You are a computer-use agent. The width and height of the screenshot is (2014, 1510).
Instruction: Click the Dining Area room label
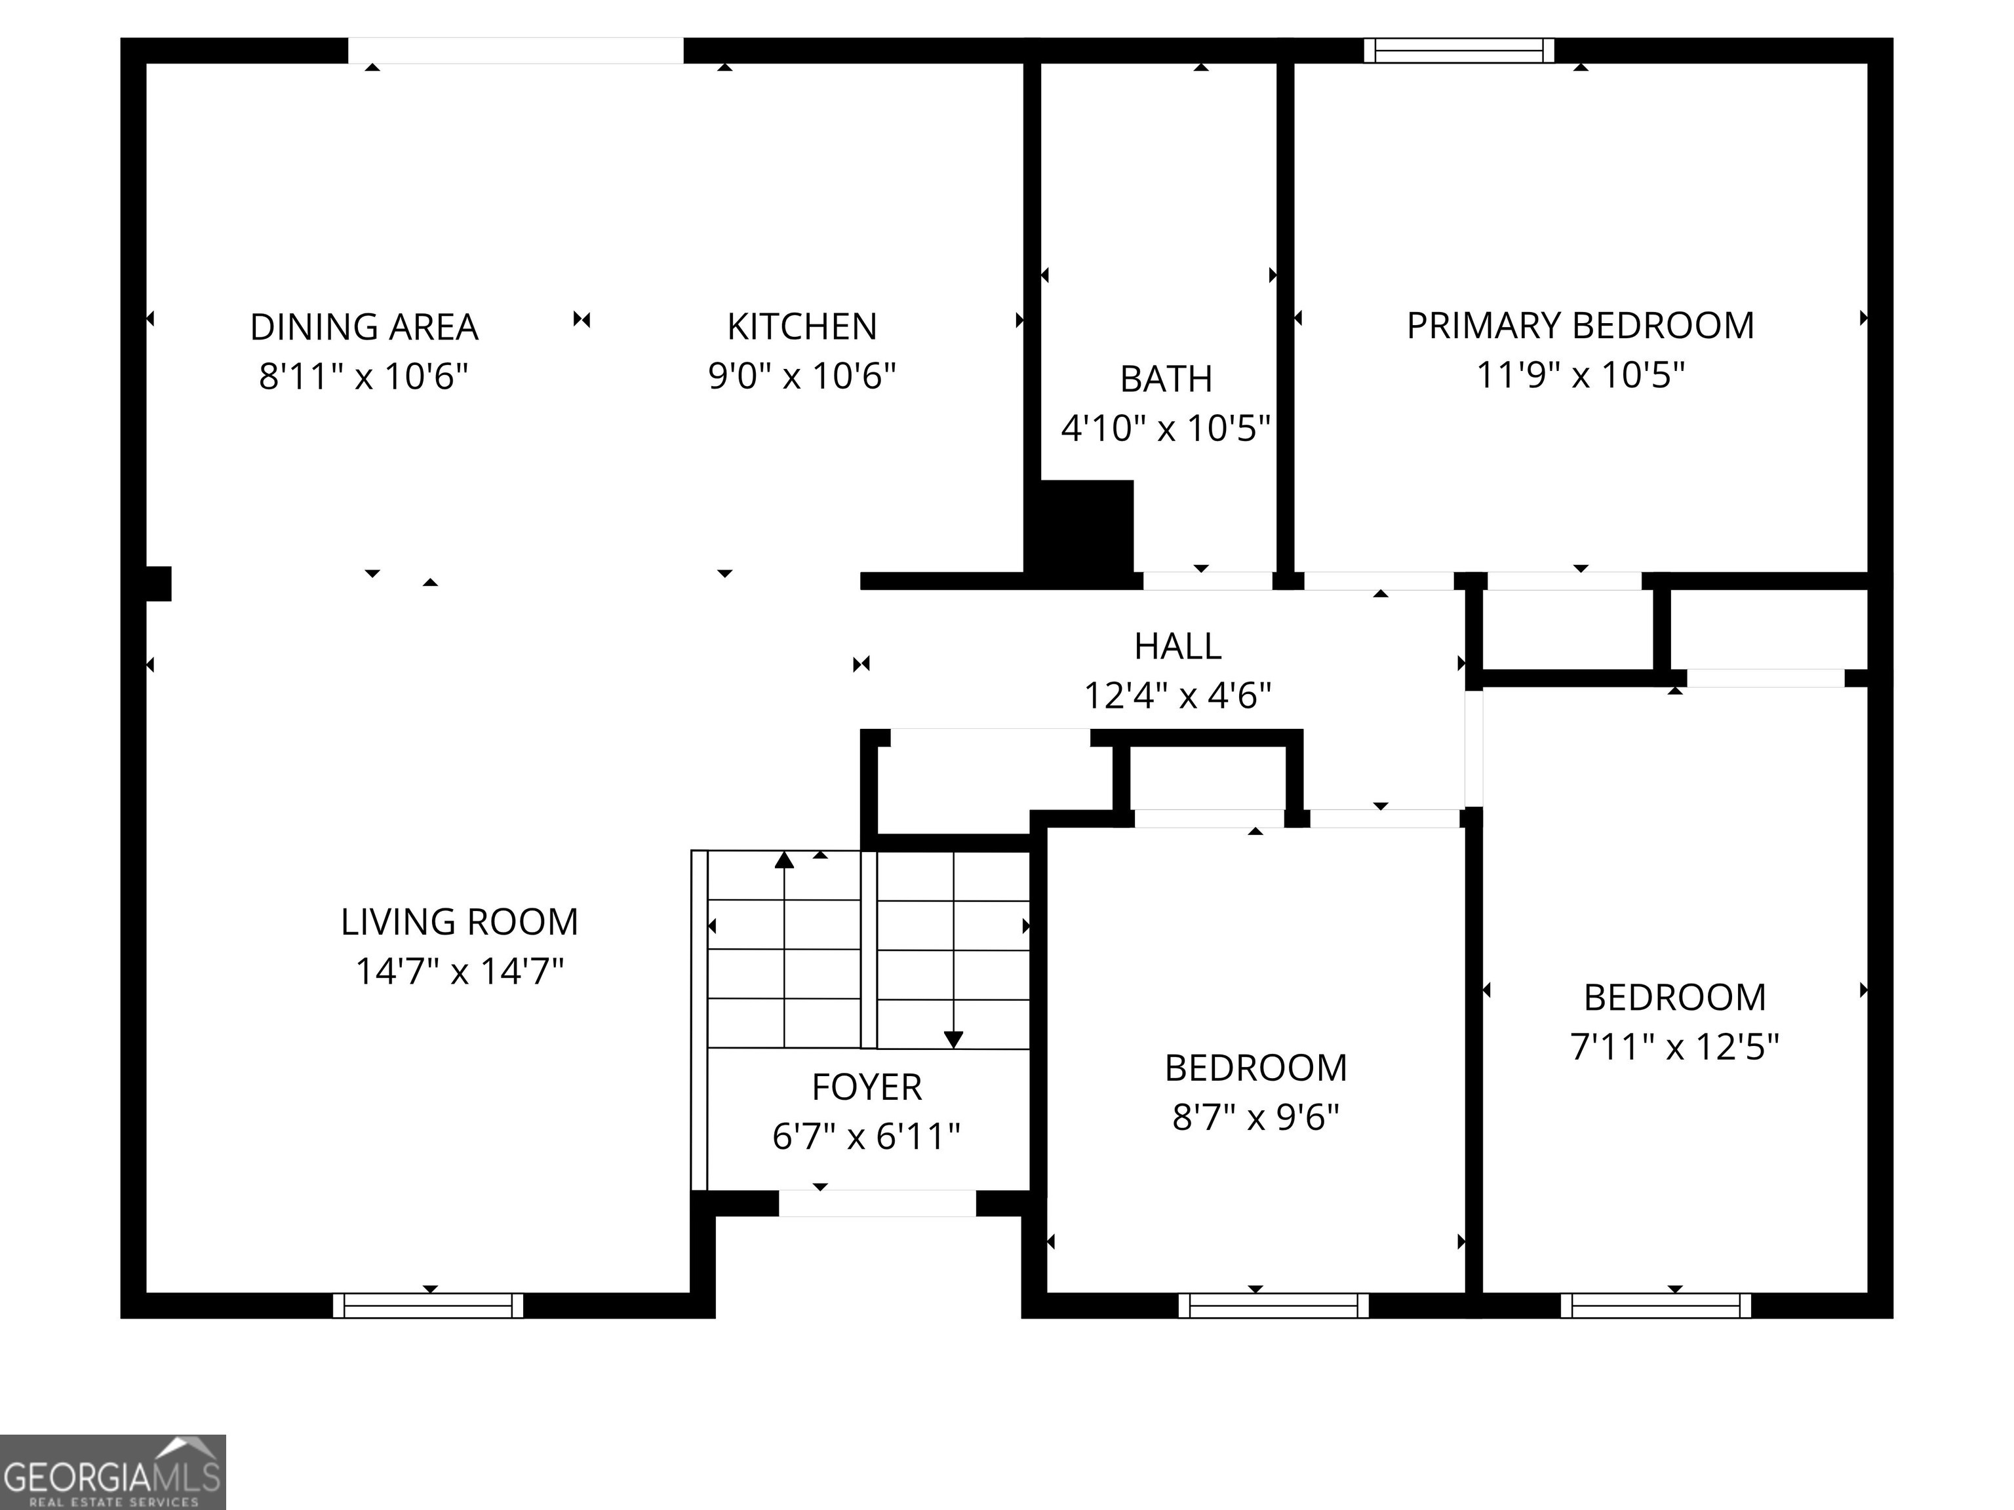coord(365,327)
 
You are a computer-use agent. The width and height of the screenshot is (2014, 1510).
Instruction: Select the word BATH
coord(1166,379)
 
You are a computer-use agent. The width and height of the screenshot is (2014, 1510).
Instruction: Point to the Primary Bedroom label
coord(1581,326)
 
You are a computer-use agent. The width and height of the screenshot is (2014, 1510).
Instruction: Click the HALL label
coord(1177,646)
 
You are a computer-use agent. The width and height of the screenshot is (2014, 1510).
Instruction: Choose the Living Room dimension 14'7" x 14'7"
coord(460,971)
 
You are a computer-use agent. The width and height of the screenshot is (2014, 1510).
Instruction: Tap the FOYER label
coord(867,1087)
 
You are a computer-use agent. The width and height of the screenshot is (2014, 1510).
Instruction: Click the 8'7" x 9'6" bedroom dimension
coord(1255,1117)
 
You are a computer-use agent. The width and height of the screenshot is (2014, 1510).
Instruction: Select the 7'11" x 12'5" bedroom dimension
coord(1674,1047)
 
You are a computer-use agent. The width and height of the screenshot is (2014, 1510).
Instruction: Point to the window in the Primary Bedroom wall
coord(1459,51)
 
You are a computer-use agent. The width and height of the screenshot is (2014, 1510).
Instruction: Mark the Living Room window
coord(428,1306)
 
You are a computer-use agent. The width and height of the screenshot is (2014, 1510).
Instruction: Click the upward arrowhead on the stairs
coord(784,859)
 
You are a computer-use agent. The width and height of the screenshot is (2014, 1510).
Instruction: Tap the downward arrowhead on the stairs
coord(953,1039)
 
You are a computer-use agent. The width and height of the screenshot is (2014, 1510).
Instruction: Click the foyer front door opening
coord(877,1203)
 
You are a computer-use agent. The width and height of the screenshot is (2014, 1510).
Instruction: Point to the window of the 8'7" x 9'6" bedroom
coord(1274,1306)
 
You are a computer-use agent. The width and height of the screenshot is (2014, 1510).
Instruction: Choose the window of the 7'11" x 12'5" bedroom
coord(1655,1306)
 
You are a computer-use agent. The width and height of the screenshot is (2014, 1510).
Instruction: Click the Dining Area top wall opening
coord(515,51)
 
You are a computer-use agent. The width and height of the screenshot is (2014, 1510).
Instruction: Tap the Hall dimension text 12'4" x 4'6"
coord(1177,696)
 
